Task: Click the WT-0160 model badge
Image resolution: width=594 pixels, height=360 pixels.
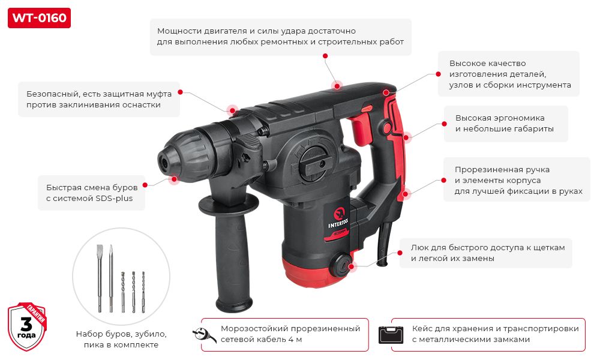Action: [39, 18]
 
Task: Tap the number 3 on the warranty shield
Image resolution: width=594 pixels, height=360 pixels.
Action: [26, 325]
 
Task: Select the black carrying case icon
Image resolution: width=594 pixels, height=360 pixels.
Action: [392, 334]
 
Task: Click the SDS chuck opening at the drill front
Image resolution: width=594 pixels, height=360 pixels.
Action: [163, 160]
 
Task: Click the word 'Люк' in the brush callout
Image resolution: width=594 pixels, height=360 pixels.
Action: [419, 247]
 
